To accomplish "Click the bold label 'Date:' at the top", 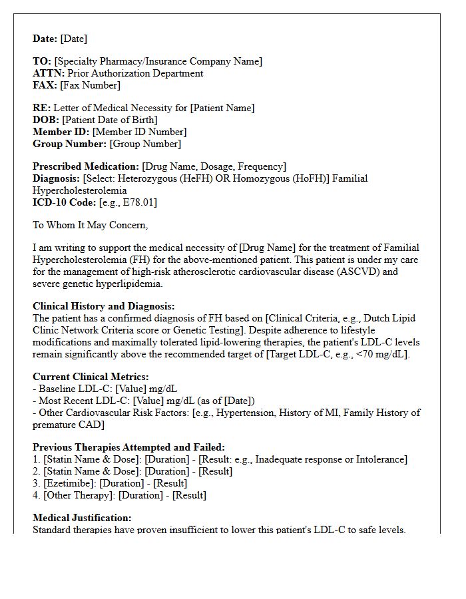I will pyautogui.click(x=45, y=39).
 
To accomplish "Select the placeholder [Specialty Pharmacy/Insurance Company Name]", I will pyautogui.click(x=158, y=61).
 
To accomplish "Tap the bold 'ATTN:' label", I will pyautogui.click(x=49, y=73).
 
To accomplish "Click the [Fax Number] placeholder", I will pyautogui.click(x=90, y=85).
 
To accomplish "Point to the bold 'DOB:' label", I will pyautogui.click(x=46, y=120).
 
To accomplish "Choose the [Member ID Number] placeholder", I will pyautogui.click(x=139, y=132).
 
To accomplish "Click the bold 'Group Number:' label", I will pyautogui.click(x=70, y=144).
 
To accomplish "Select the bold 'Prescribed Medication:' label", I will pyautogui.click(x=86, y=166).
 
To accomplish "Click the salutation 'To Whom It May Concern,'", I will pyautogui.click(x=91, y=225).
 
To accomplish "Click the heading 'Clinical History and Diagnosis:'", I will pyautogui.click(x=104, y=306).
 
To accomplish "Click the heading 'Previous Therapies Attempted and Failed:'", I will pyautogui.click(x=128, y=447).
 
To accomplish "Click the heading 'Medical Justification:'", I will pyautogui.click(x=82, y=518).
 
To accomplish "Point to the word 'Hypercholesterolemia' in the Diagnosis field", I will pyautogui.click(x=80, y=190).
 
